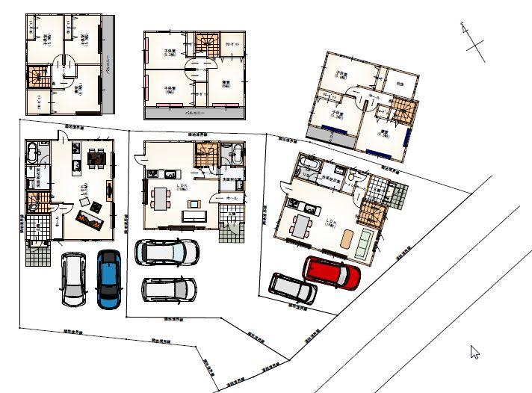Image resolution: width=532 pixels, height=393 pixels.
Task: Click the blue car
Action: click(109, 278)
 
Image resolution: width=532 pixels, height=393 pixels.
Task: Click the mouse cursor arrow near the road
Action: click(474, 351)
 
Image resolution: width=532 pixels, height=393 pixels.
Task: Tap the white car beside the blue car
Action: click(74, 279)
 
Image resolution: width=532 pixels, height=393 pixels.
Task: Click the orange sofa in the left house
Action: click(91, 218)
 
